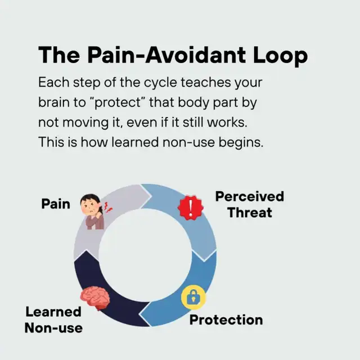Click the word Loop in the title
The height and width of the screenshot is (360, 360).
280,55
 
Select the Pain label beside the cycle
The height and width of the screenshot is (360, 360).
56,204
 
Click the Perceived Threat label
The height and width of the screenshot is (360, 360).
250,204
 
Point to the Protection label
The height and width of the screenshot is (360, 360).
226,320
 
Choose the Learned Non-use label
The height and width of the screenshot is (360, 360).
53,319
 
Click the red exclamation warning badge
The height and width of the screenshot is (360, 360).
191,208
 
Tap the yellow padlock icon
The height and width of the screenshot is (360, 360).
193,298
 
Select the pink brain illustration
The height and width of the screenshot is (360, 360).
95,298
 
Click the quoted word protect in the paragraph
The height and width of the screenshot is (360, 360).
118,102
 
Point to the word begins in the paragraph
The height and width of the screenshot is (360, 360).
241,143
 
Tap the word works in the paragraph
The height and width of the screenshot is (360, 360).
227,122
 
